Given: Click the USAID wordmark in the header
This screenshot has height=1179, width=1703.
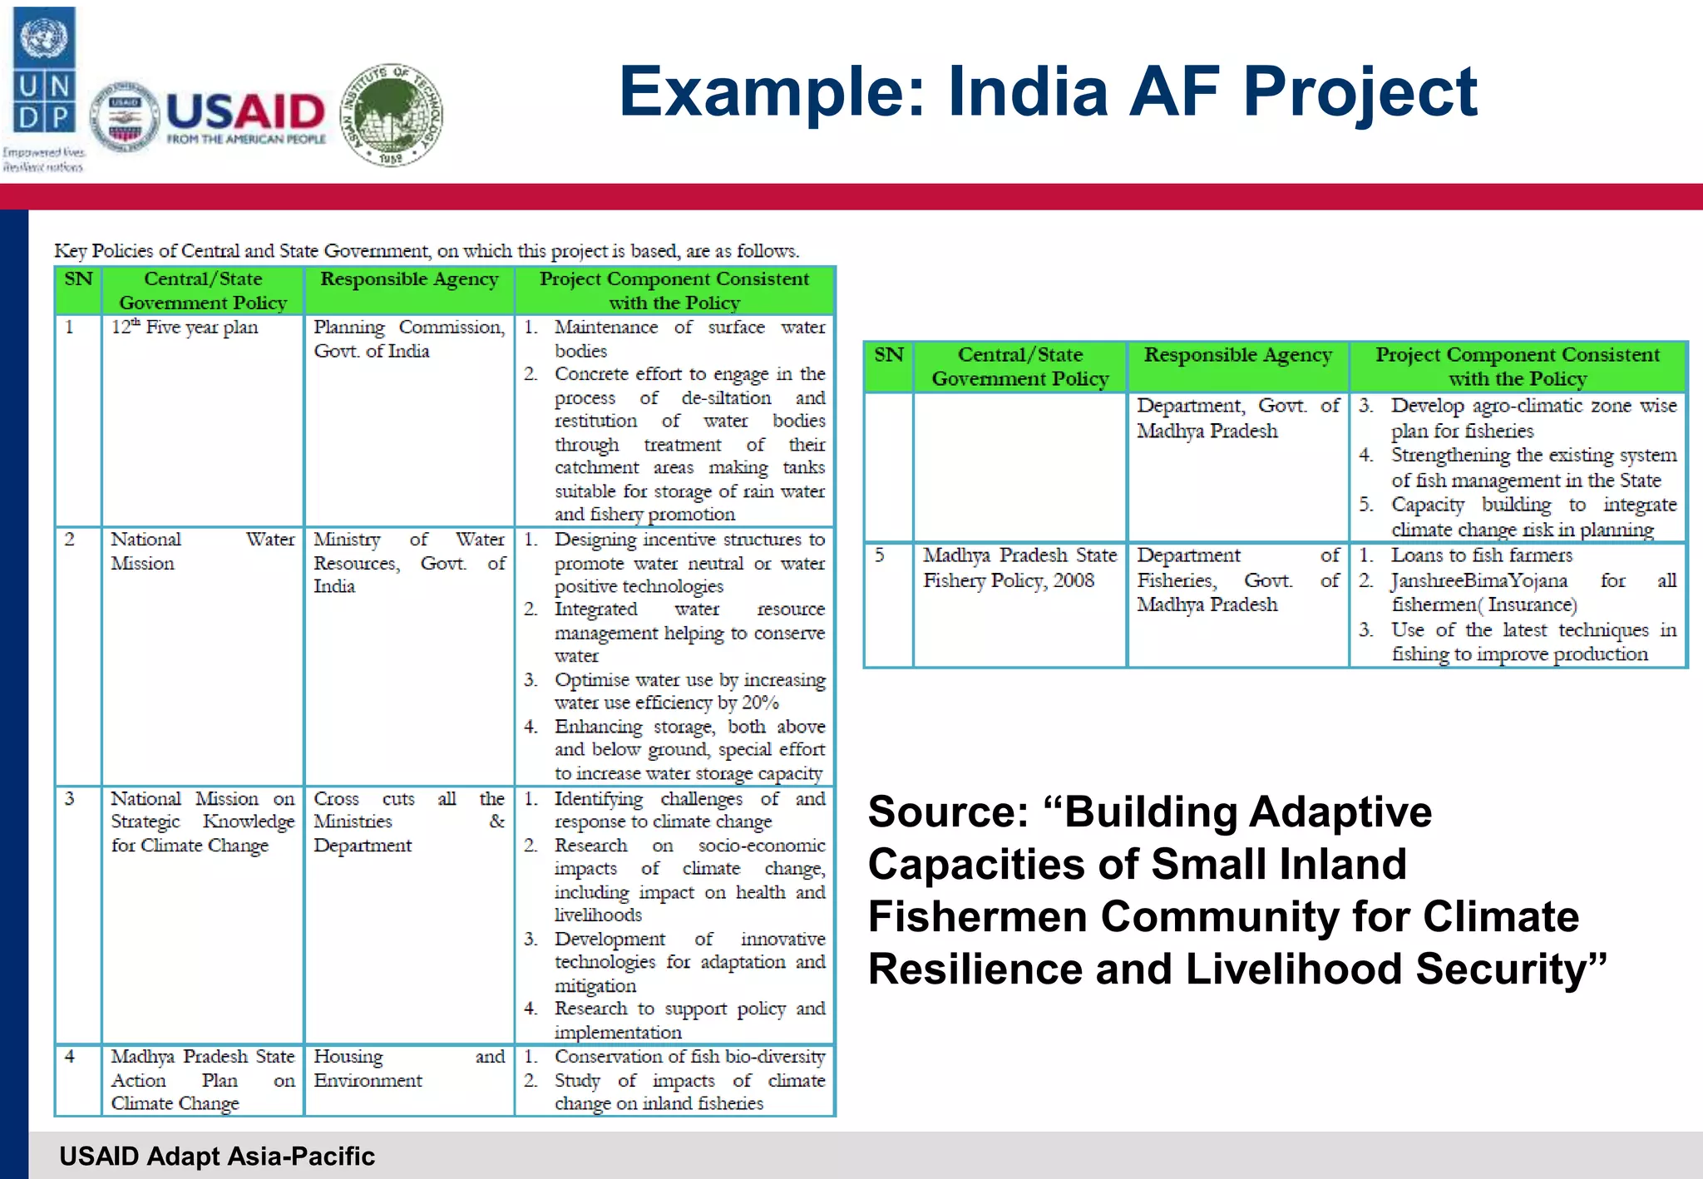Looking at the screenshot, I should click(245, 111).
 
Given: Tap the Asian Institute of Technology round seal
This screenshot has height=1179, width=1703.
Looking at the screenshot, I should click(392, 115).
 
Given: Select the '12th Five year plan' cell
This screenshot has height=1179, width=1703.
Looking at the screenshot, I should click(185, 328).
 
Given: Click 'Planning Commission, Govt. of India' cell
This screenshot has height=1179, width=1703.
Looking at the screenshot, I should click(408, 338).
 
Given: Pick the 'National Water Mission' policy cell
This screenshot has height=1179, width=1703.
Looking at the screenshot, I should click(202, 550).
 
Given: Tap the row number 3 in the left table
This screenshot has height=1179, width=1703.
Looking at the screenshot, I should click(70, 799).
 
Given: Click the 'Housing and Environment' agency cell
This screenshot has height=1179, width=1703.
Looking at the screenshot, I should click(408, 1068).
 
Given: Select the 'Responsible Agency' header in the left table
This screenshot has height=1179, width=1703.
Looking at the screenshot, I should click(409, 279).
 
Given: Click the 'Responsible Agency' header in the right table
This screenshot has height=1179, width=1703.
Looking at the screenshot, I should click(1237, 356).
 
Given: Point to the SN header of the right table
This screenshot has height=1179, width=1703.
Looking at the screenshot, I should click(888, 356).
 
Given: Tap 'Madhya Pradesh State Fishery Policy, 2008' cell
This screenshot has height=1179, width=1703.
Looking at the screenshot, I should click(1019, 567).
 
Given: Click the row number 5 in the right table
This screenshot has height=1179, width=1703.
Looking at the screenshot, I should click(880, 555).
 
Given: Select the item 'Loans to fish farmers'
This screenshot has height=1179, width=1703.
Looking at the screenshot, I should click(1482, 555).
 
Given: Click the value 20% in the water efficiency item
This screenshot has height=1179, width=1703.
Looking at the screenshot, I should click(760, 703).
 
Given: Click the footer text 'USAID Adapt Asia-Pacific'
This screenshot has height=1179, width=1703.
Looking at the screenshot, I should click(217, 1156).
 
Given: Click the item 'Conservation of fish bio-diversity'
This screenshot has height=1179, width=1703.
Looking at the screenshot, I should click(689, 1057).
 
